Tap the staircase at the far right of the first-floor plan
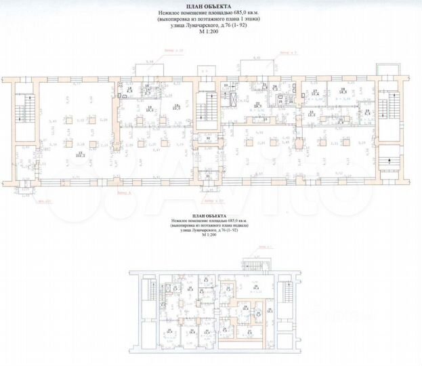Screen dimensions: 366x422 click(392, 108)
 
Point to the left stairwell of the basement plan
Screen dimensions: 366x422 click(149, 290)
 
